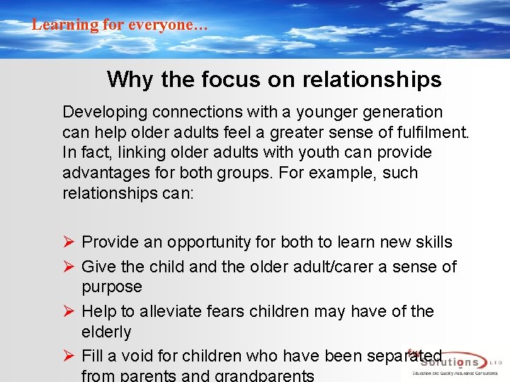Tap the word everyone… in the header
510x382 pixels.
tap(167, 25)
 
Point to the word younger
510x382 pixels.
tap(314, 112)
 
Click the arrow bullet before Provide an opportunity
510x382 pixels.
tap(69, 242)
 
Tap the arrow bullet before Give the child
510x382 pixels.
tap(69, 267)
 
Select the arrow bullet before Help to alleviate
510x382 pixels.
tap(69, 311)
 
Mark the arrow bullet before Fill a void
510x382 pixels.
tap(69, 356)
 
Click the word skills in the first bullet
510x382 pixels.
tap(433, 242)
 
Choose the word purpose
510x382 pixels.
tap(112, 287)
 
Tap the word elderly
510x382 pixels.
tap(107, 332)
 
